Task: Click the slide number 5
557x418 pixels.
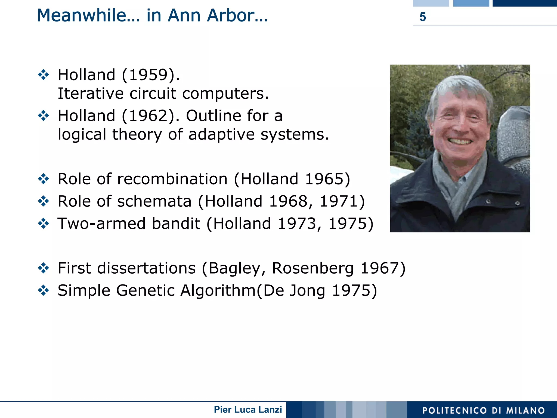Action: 422,17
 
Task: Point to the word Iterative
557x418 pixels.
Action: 91,94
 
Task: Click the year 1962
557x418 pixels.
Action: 148,116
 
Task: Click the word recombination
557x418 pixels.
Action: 172,179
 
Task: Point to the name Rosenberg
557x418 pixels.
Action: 313,268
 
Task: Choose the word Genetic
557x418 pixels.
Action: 145,291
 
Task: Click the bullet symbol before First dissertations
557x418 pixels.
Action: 44,268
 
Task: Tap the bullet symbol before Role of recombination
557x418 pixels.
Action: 44,179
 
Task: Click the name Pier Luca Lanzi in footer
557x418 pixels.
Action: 248,410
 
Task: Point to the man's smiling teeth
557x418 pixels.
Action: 460,141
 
